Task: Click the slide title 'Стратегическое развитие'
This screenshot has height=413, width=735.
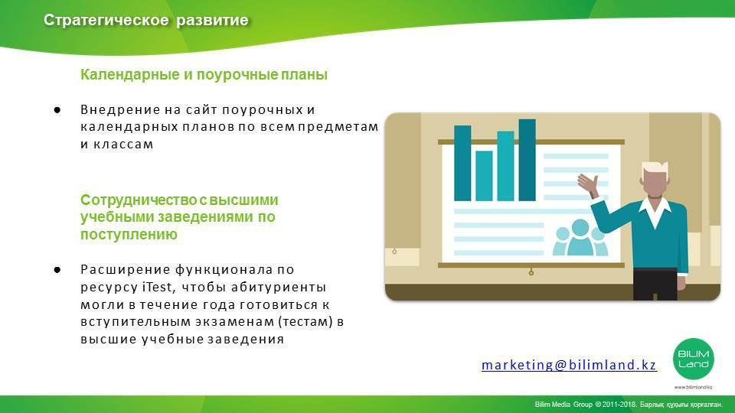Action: coord(145,20)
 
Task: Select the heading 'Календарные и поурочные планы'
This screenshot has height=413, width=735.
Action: coord(204,74)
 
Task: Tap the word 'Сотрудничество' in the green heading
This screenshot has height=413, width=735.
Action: coord(139,200)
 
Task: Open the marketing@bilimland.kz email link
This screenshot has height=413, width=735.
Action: coord(569,365)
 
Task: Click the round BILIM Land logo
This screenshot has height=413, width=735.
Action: coord(694,359)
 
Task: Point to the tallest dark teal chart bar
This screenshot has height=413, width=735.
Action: coord(527,160)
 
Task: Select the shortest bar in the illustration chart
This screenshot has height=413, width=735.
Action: coord(484,176)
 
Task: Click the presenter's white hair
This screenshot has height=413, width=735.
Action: coord(655,167)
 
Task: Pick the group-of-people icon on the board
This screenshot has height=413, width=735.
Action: coord(580,237)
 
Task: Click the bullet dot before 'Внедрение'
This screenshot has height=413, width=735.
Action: coord(57,110)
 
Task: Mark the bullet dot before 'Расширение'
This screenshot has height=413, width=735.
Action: coord(57,270)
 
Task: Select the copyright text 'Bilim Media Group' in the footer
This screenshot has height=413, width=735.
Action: coord(563,404)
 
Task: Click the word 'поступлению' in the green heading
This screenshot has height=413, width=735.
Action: coord(129,235)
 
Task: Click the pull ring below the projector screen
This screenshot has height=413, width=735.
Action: coord(531,272)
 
